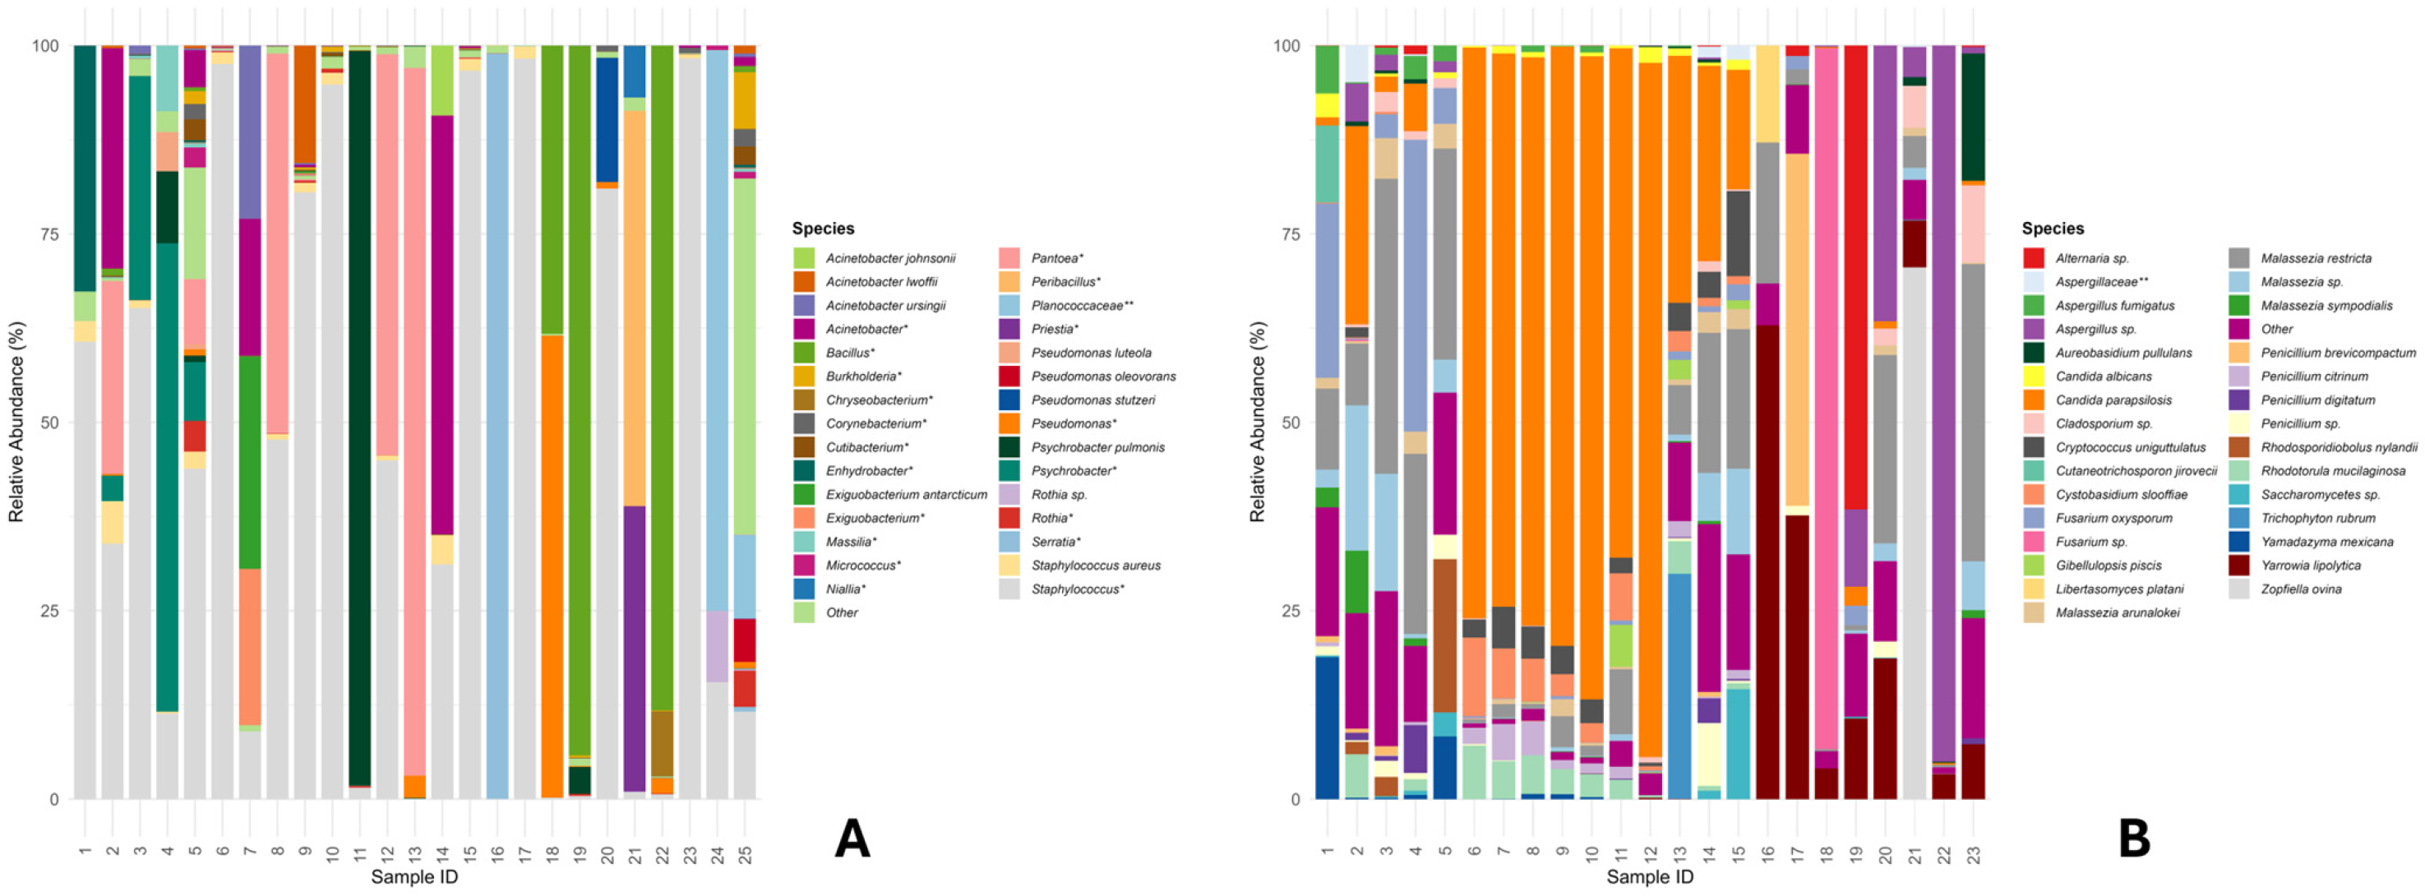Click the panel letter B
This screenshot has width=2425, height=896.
point(2134,838)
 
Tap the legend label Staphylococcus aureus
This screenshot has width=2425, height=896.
point(1096,566)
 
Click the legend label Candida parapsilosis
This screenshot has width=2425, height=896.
point(2113,400)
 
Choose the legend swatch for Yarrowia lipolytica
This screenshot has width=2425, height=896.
point(2239,566)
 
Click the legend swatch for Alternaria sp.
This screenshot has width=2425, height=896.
point(2035,258)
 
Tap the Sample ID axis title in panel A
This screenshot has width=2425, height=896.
point(414,877)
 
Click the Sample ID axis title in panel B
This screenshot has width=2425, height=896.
point(1651,877)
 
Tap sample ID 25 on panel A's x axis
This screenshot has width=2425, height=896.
point(745,856)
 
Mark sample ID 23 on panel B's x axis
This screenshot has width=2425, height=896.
point(1973,856)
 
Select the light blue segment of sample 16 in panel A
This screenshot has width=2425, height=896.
point(497,427)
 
